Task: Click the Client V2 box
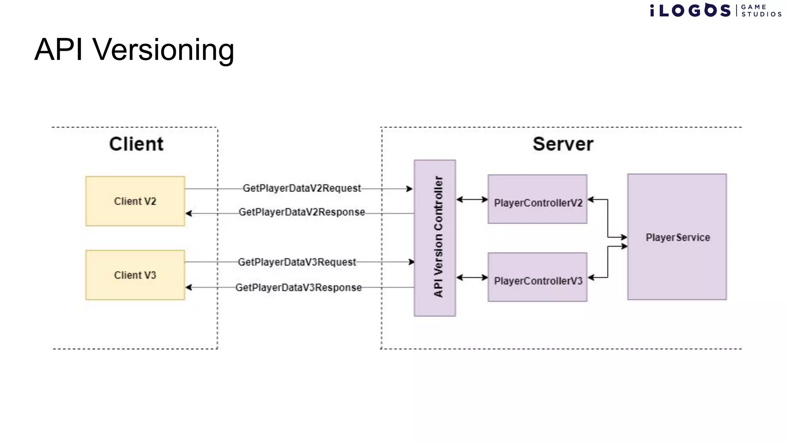point(135,201)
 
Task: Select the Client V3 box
point(135,275)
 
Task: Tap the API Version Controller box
point(435,238)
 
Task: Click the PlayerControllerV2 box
point(538,199)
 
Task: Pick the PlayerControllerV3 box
point(538,277)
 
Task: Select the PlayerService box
point(677,237)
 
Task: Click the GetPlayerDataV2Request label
point(302,188)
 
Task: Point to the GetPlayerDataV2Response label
point(302,212)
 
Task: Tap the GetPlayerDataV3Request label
point(297,262)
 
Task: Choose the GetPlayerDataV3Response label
point(299,288)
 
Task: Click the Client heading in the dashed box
point(136,144)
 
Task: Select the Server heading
point(563,144)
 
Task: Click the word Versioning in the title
point(163,50)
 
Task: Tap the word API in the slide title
point(58,50)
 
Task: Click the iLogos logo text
point(691,10)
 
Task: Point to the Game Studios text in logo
point(761,11)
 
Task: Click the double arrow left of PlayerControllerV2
point(472,200)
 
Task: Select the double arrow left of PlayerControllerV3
point(472,277)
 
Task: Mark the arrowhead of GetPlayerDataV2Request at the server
point(409,189)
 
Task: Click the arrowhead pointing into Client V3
point(189,287)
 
